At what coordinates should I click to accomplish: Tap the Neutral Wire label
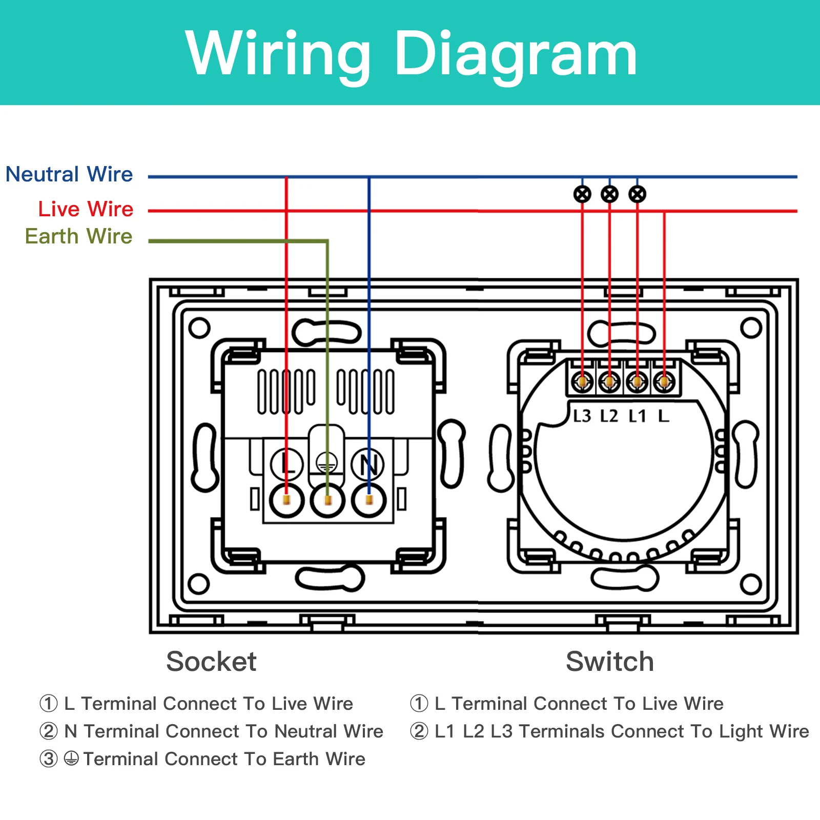[x=69, y=174]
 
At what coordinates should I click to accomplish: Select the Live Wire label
[x=86, y=209]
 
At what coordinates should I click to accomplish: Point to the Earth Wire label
[x=78, y=236]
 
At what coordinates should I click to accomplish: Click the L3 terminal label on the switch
[x=582, y=416]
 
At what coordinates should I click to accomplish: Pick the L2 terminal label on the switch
[x=609, y=416]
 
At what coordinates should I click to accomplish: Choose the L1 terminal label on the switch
[x=637, y=416]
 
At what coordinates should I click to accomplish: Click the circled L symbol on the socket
[x=287, y=464]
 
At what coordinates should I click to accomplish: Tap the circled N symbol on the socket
[x=368, y=464]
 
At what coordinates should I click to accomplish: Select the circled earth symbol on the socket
[x=327, y=464]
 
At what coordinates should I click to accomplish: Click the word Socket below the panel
[x=211, y=661]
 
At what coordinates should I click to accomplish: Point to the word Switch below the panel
[x=610, y=661]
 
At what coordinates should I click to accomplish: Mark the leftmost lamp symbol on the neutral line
[x=582, y=194]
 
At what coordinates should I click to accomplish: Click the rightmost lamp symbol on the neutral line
[x=638, y=194]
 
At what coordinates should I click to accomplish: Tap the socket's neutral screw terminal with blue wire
[x=369, y=500]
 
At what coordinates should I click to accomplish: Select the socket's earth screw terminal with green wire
[x=328, y=500]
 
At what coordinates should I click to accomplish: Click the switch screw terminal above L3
[x=582, y=382]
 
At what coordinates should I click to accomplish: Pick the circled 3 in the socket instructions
[x=49, y=759]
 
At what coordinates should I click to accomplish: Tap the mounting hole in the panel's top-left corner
[x=199, y=328]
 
